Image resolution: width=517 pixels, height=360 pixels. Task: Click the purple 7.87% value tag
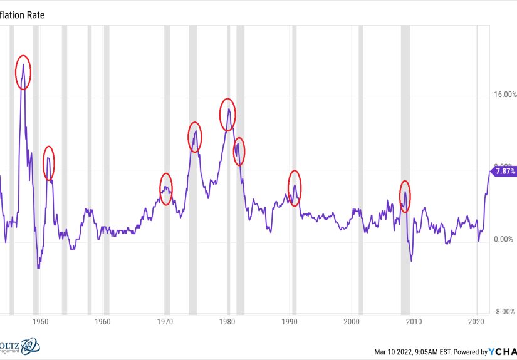click(504, 171)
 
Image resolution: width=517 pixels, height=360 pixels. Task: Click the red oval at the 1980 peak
click(227, 115)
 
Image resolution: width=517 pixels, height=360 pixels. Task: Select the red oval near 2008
click(405, 195)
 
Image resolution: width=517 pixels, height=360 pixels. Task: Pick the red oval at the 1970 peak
click(165, 188)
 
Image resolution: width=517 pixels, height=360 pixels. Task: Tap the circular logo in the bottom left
click(29, 347)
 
